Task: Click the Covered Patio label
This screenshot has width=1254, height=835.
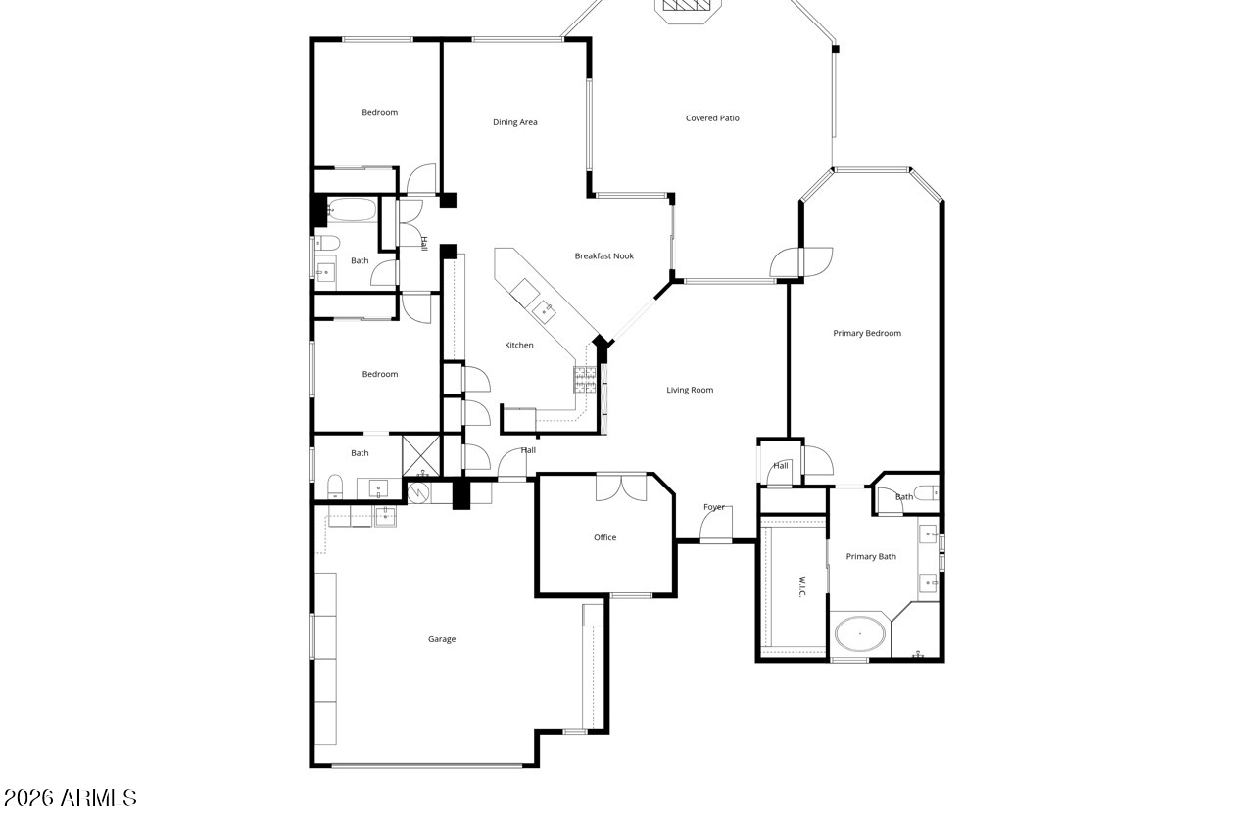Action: tap(712, 118)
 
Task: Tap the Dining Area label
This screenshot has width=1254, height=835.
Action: tap(515, 122)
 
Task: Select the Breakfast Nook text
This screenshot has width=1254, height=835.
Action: tap(604, 255)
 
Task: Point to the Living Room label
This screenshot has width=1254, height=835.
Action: tap(690, 390)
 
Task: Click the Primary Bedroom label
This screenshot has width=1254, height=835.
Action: tap(867, 333)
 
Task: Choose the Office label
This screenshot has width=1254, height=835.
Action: tap(605, 537)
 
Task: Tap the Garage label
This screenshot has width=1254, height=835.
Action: tap(442, 638)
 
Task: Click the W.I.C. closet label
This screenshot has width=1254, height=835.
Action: tap(801, 587)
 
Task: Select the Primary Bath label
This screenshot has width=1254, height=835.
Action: tap(871, 556)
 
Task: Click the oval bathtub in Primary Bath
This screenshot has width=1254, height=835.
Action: tap(860, 633)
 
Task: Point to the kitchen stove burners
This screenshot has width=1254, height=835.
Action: tap(585, 380)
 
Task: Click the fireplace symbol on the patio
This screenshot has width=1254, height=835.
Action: tap(689, 6)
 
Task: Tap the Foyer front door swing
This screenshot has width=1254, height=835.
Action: tap(715, 524)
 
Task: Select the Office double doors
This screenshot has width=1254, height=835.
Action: tap(621, 487)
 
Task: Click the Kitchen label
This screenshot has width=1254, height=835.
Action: tap(519, 345)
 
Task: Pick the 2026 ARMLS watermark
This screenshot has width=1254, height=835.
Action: tap(70, 798)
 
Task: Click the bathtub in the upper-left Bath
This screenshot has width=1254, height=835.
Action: tap(352, 210)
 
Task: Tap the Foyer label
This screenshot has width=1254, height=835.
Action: tap(714, 507)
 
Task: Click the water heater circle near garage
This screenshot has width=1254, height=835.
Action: tap(418, 492)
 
